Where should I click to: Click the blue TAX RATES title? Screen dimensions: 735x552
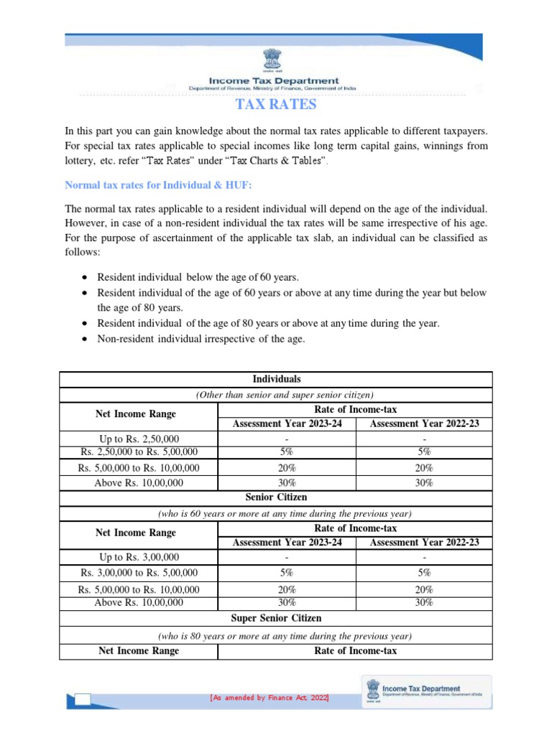click(276, 106)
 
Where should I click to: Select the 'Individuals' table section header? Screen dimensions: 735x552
click(276, 378)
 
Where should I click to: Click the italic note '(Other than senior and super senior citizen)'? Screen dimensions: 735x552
click(276, 394)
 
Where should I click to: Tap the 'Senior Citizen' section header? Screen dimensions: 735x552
click(276, 497)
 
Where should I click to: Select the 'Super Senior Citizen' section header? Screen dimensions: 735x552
click(276, 618)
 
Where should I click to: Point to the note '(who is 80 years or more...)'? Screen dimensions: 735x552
click(276, 636)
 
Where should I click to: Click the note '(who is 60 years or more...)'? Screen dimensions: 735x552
click(276, 514)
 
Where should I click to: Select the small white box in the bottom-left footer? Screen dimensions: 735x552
click(82, 700)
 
